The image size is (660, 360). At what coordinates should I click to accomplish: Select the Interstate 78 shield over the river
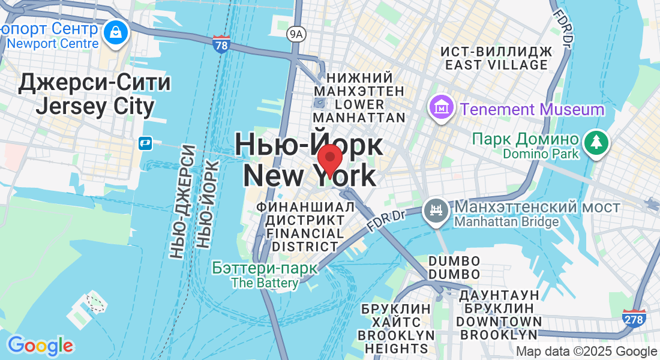pyautogui.click(x=221, y=44)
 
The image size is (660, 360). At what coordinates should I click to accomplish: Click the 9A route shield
pyautogui.click(x=295, y=34)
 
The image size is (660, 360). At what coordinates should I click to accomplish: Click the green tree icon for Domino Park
pyautogui.click(x=596, y=142)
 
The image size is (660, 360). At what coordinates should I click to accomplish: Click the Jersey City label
pyautogui.click(x=95, y=95)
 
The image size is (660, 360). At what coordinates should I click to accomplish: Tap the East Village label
pyautogui.click(x=496, y=58)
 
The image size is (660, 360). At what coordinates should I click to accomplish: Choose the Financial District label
pyautogui.click(x=305, y=226)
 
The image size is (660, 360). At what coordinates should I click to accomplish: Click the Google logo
pyautogui.click(x=40, y=345)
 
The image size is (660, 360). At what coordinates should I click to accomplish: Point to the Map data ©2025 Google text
pyautogui.click(x=586, y=352)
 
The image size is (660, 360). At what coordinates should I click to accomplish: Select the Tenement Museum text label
pyautogui.click(x=532, y=110)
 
